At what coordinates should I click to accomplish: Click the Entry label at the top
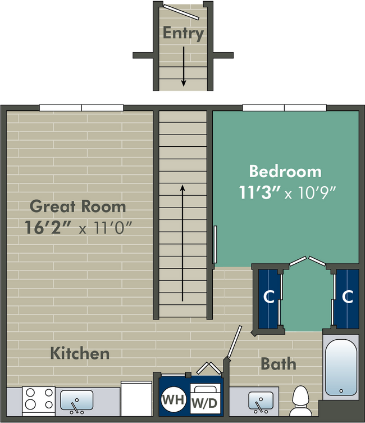click(183, 33)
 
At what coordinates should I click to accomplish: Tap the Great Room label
click(77, 206)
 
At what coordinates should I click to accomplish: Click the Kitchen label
click(80, 353)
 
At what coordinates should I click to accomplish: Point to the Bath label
click(278, 363)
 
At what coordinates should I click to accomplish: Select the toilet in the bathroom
click(302, 398)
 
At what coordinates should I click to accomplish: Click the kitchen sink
click(77, 401)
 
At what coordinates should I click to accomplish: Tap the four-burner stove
click(38, 400)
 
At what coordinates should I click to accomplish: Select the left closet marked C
click(270, 297)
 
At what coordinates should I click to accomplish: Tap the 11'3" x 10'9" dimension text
click(286, 192)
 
